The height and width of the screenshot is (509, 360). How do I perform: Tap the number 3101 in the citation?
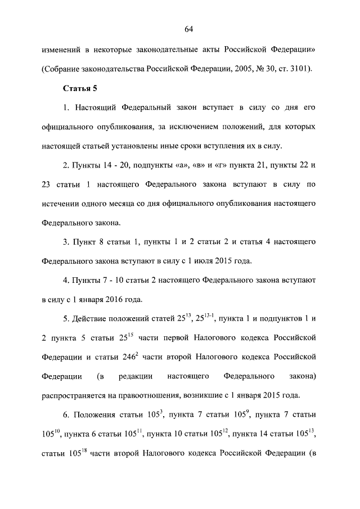[x=294, y=69]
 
